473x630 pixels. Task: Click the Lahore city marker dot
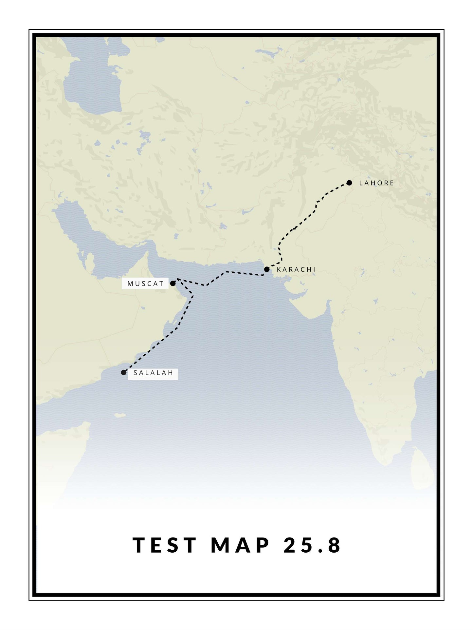(x=349, y=183)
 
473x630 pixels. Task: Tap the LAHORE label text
(x=376, y=183)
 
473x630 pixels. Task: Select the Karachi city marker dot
(x=267, y=269)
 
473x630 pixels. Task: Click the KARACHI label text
(x=296, y=270)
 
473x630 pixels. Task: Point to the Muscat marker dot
(x=173, y=284)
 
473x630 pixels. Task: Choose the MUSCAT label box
(x=145, y=284)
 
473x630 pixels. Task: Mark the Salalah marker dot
(x=123, y=372)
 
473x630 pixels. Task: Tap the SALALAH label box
(x=153, y=373)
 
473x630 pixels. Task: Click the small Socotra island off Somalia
(x=120, y=416)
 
